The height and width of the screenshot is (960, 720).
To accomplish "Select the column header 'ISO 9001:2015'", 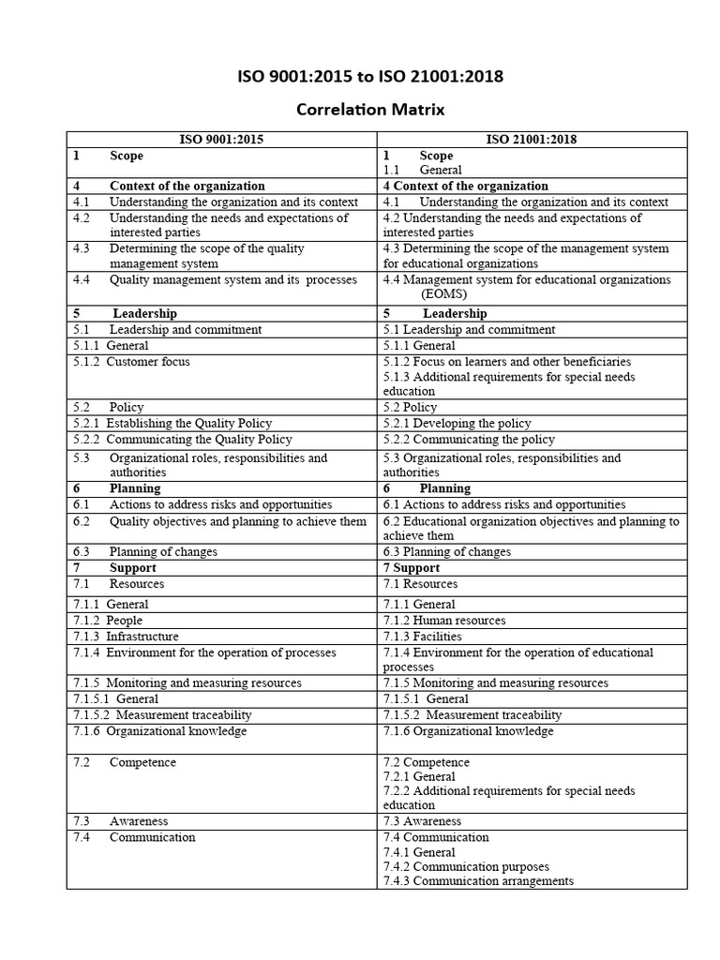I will point(221,140).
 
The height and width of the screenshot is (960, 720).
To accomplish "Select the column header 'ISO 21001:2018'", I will point(532,140).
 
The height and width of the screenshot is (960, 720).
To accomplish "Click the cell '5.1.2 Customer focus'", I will point(131,361).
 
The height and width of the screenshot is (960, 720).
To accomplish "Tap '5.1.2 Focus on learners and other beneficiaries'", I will point(506,361).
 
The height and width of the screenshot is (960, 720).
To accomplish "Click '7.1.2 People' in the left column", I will point(109,621).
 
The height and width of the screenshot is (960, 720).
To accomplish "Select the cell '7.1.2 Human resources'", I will point(444,621).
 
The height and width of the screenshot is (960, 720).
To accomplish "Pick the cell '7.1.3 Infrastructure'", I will point(126,637).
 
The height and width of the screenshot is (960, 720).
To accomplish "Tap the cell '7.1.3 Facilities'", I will point(423,637).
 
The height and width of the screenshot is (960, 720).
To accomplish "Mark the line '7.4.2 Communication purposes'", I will point(466,866).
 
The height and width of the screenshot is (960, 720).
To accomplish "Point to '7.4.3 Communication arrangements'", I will point(478,881).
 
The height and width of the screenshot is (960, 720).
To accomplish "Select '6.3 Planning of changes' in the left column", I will point(145,552).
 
